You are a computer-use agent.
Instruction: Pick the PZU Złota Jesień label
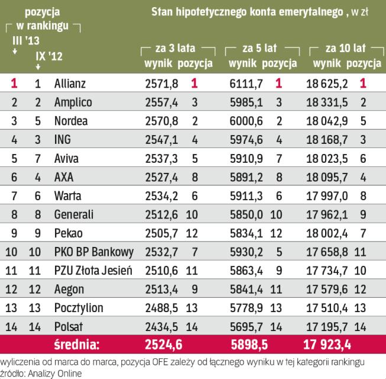89,271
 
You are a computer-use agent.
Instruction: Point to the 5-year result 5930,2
245,252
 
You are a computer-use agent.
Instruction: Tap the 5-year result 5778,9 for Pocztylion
245,308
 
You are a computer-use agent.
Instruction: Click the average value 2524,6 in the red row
161,345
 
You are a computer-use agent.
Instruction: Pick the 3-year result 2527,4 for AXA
161,177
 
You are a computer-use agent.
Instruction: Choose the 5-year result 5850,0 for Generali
245,214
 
